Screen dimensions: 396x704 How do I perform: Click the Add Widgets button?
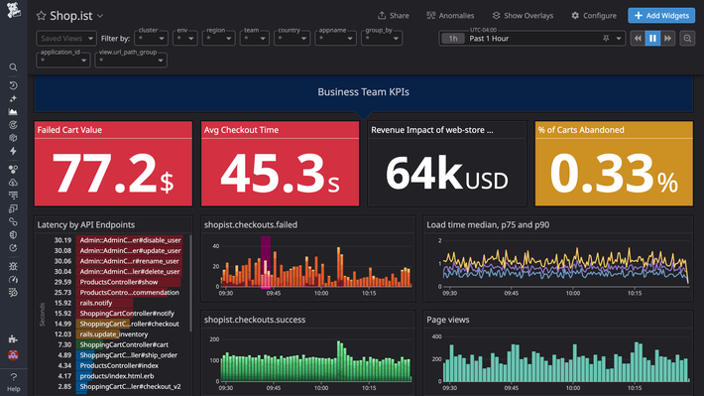click(x=662, y=16)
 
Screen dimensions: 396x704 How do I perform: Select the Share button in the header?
click(x=394, y=16)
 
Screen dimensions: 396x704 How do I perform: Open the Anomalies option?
click(x=450, y=16)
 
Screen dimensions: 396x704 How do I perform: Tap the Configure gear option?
click(x=593, y=16)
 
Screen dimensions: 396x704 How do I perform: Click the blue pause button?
click(x=652, y=39)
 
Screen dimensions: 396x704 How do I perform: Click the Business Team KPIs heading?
click(x=363, y=92)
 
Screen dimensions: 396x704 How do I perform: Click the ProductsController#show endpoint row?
click(x=120, y=282)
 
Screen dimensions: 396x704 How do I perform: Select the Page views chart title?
click(x=449, y=321)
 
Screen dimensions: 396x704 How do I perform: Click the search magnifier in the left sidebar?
click(x=13, y=67)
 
